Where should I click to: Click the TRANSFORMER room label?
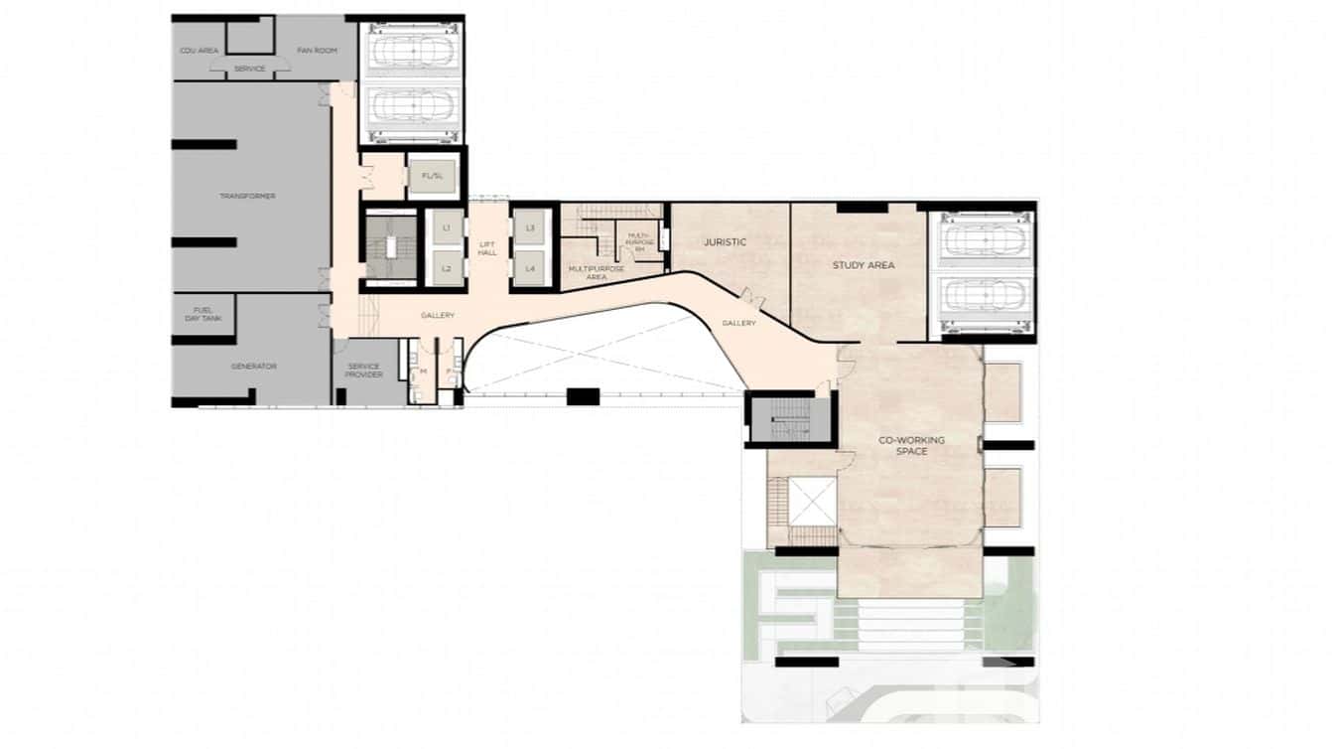(x=247, y=197)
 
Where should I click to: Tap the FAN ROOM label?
(x=319, y=50)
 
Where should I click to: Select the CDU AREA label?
(x=200, y=50)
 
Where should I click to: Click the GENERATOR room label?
(x=253, y=367)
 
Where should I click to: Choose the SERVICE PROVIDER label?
(x=364, y=371)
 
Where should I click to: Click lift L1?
(x=447, y=228)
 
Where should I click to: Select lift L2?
(x=447, y=268)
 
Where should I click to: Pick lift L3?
(x=530, y=228)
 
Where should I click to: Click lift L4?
(x=530, y=268)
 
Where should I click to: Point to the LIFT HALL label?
(x=487, y=248)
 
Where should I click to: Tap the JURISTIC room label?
(x=725, y=242)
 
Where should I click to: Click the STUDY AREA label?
(x=864, y=265)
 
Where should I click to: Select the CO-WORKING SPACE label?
(x=912, y=445)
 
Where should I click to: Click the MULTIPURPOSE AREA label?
(x=596, y=272)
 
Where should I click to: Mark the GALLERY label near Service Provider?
(x=437, y=316)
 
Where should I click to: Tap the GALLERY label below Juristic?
(x=739, y=323)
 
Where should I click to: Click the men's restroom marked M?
(x=423, y=371)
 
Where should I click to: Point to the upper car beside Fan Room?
(x=410, y=50)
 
